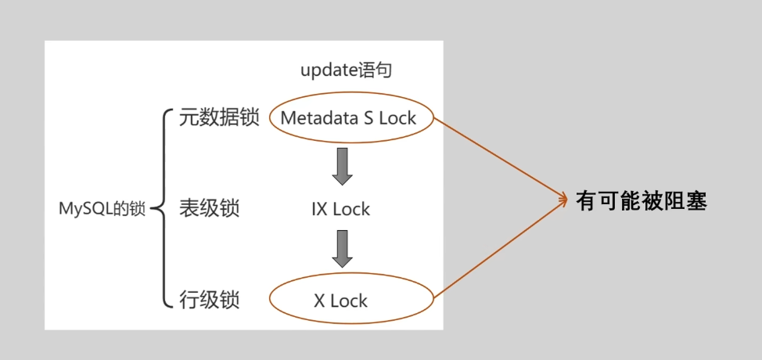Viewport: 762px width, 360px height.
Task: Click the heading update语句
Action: (346, 70)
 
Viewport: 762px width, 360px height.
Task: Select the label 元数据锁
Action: (218, 118)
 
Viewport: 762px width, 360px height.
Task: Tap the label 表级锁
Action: (209, 209)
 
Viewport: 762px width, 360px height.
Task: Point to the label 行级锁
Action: (209, 300)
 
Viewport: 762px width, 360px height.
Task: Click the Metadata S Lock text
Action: (348, 118)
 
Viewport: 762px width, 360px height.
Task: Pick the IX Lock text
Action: (340, 210)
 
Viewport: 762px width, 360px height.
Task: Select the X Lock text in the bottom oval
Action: (341, 301)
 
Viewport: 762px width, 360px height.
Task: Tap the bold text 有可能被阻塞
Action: (642, 201)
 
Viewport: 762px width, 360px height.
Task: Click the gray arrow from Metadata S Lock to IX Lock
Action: (342, 165)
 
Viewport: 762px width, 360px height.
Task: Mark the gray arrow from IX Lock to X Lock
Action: (342, 249)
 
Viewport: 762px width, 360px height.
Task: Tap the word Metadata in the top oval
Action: (315, 118)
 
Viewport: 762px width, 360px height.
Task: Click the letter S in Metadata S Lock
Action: (365, 118)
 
